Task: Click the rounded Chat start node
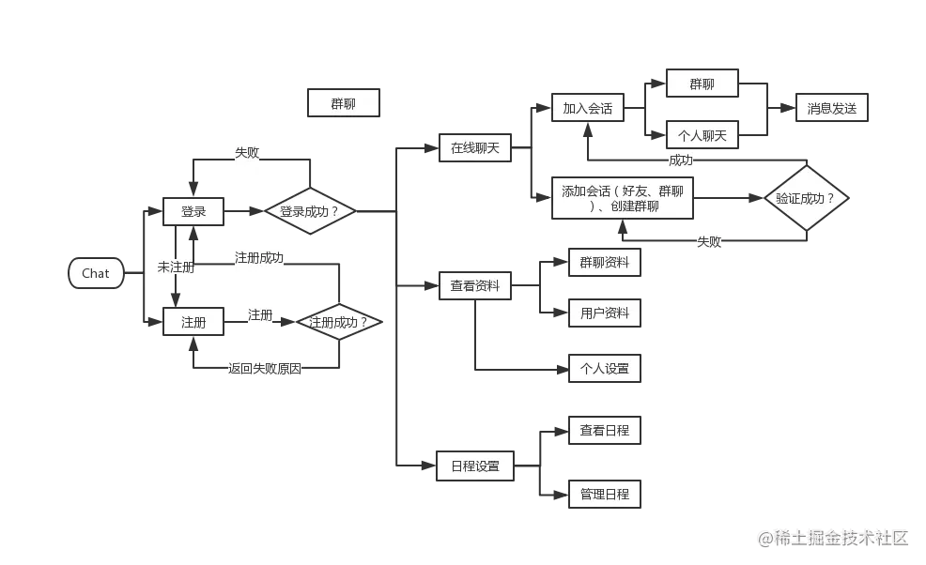[96, 273]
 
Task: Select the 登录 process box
[193, 212]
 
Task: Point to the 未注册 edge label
[176, 267]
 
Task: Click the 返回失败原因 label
[264, 369]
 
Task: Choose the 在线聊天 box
[474, 147]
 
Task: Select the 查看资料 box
[474, 285]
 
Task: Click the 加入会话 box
[587, 108]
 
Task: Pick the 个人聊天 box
[702, 135]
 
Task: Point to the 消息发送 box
[831, 108]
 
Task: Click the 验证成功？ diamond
[805, 199]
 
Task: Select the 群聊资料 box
[604, 262]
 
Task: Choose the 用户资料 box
[604, 313]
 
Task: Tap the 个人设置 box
[604, 368]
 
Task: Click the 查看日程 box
[604, 430]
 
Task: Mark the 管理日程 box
[604, 494]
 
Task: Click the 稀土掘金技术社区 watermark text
[833, 537]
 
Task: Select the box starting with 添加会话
[622, 198]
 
